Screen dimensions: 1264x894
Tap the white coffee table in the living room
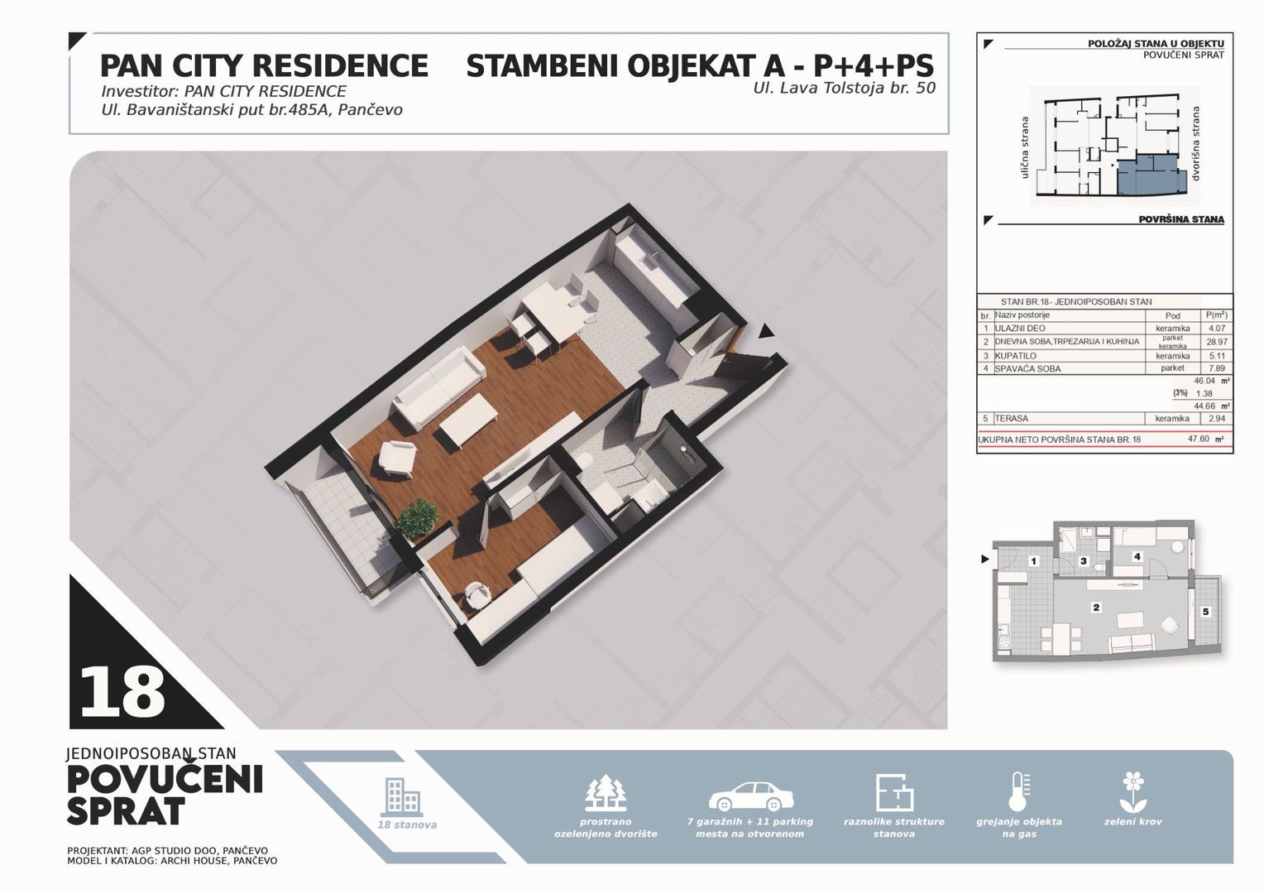[468, 421]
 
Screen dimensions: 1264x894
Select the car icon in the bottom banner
[751, 797]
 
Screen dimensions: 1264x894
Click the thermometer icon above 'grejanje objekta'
[1019, 792]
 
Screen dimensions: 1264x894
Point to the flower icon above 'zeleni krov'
[1132, 792]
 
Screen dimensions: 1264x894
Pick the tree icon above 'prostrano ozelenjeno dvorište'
[606, 793]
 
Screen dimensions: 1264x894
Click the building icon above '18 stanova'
[403, 796]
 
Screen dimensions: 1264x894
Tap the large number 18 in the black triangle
[122, 692]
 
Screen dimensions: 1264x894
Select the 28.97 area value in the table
[1217, 342]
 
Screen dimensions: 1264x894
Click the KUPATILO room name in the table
[1015, 356]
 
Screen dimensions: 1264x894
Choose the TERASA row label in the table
[1011, 419]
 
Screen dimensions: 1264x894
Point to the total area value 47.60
[1199, 438]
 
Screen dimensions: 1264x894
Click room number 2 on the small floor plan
[1096, 608]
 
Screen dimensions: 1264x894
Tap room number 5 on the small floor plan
[1205, 612]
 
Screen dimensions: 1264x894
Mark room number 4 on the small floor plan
[1137, 556]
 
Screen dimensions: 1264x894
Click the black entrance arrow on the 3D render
[765, 331]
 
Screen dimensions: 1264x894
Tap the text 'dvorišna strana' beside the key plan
[1195, 144]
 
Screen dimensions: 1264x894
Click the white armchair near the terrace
[398, 458]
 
